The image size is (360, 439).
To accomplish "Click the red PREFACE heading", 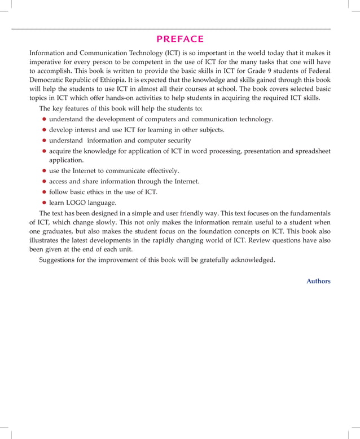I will [x=179, y=39].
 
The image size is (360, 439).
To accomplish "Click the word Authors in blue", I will [x=318, y=281].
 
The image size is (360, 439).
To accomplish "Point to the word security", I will [x=176, y=140].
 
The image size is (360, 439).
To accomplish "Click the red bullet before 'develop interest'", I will [x=44, y=130].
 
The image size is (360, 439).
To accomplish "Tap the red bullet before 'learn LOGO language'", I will [x=44, y=203].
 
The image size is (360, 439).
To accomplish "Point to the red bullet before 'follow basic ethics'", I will [x=44, y=192].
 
